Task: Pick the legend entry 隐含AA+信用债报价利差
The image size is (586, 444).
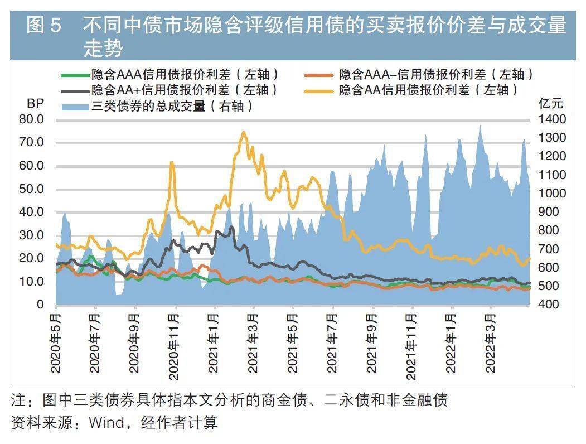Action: [184, 90]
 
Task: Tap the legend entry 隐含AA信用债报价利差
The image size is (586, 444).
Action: [429, 90]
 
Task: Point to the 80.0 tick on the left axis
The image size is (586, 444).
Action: [31, 119]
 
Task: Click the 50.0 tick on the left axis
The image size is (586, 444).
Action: [31, 189]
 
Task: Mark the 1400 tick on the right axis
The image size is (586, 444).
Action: [552, 119]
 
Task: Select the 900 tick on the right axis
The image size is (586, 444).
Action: [552, 212]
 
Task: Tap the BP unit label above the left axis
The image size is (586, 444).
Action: [35, 104]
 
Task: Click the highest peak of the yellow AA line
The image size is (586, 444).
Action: [243, 133]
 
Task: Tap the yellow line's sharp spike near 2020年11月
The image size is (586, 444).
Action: [172, 162]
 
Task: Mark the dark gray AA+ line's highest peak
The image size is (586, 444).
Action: [231, 227]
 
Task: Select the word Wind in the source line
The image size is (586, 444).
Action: [106, 423]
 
